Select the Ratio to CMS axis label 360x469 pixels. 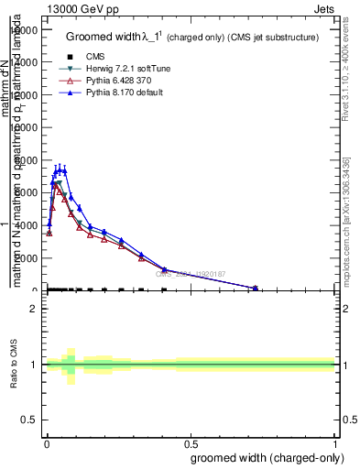coord(15,364)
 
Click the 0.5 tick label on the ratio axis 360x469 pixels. coord(29,420)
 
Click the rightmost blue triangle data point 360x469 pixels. coord(256,288)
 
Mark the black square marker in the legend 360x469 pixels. coord(71,56)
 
